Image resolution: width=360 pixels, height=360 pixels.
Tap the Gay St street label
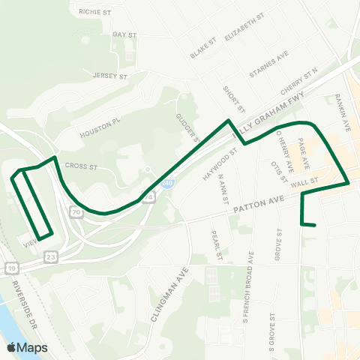[x=124, y=34]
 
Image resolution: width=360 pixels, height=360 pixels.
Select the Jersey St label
[x=111, y=75]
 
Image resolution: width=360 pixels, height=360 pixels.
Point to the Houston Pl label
[x=101, y=128]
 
